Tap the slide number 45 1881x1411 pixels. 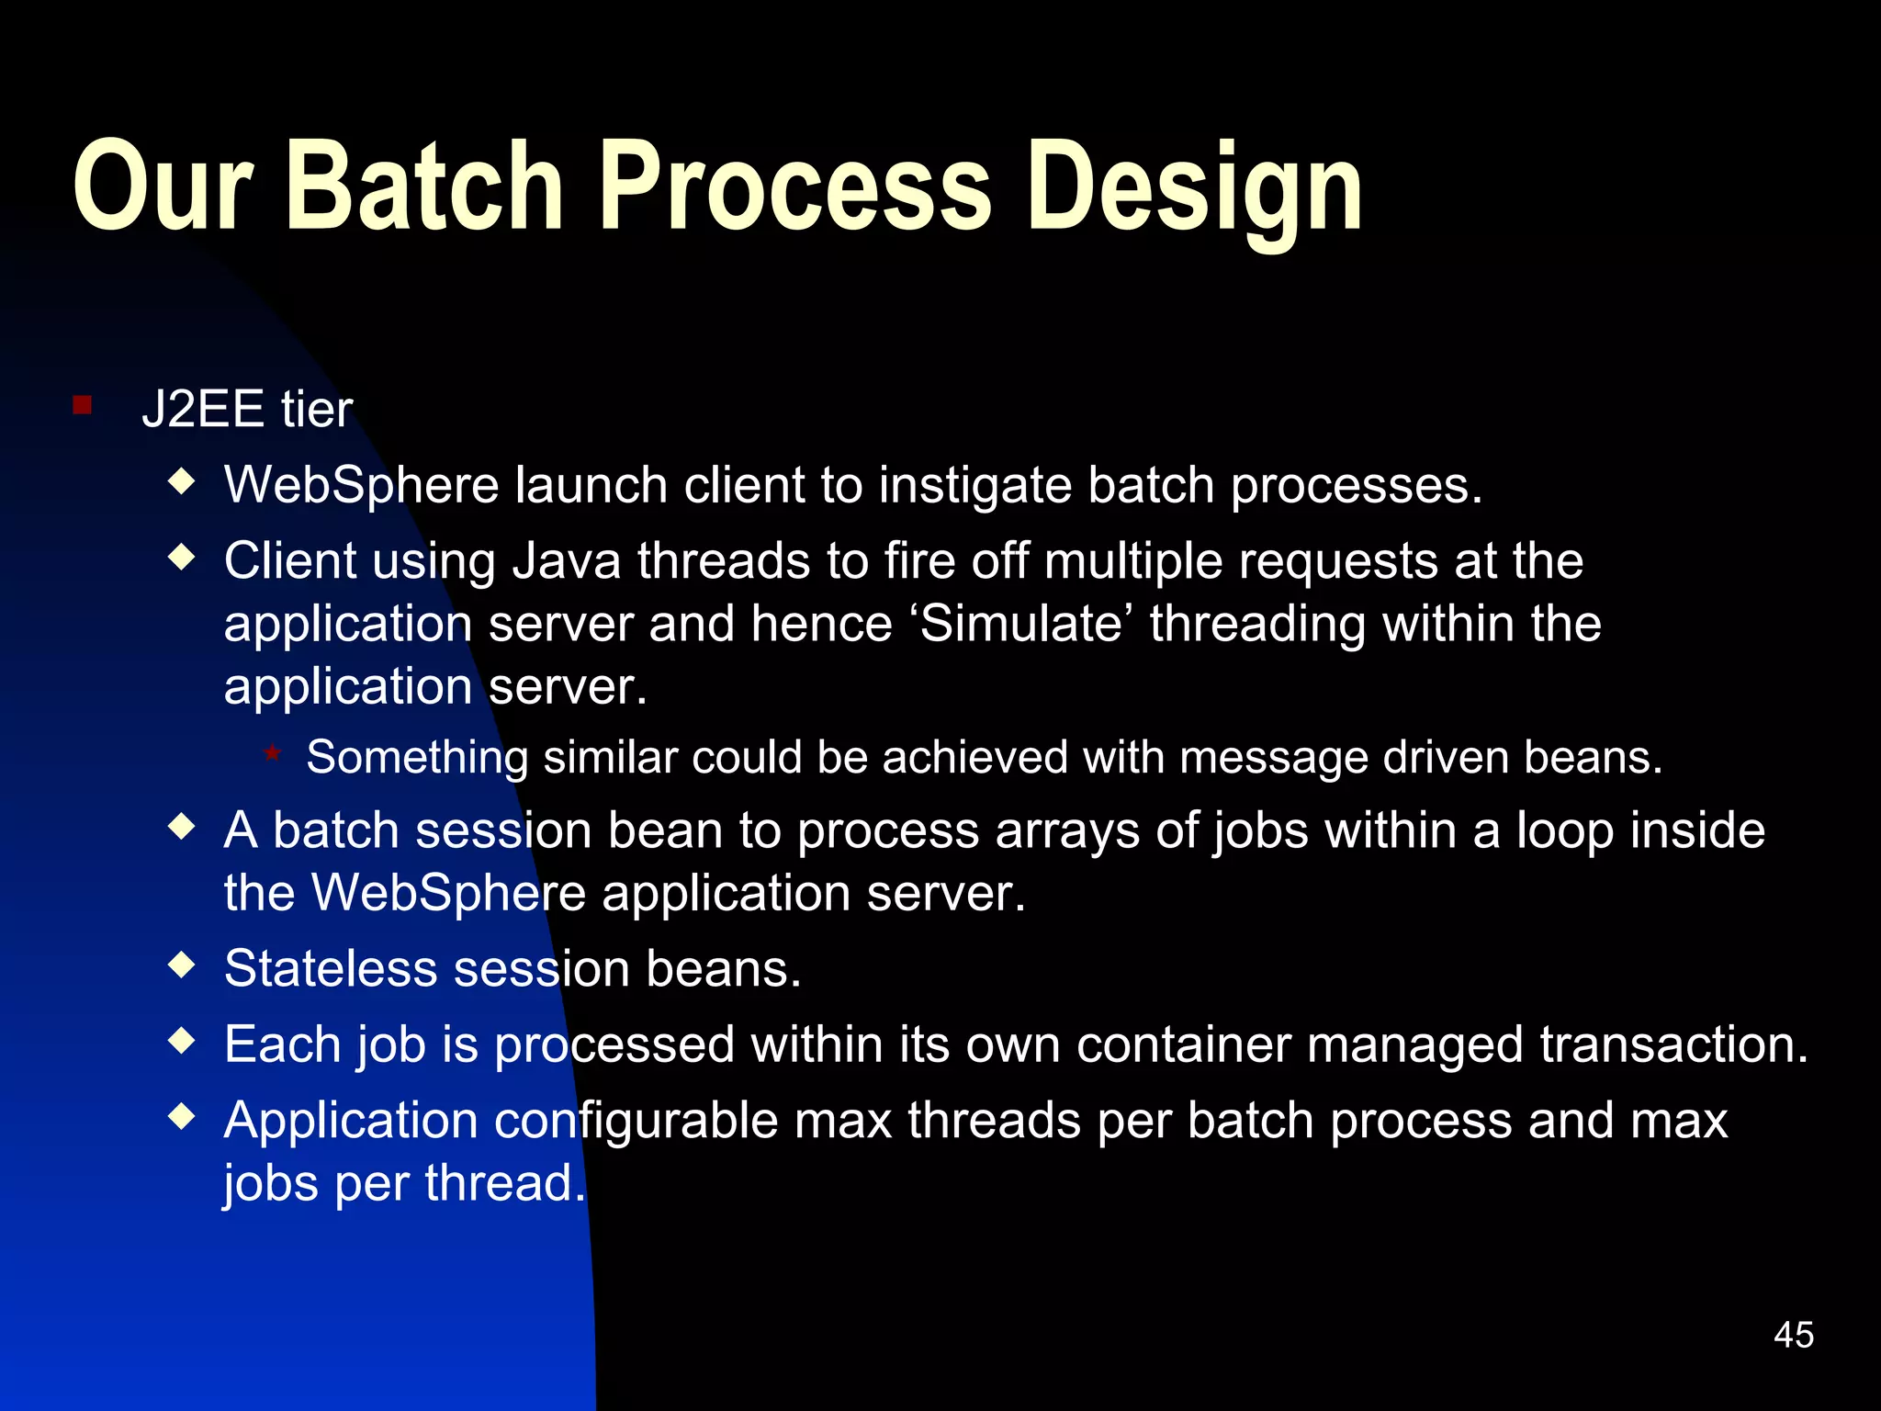coord(1793,1335)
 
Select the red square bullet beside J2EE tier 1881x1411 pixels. coord(83,405)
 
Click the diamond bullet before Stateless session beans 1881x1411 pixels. coord(183,965)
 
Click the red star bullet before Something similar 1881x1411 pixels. coord(272,753)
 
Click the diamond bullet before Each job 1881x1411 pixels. coord(183,1041)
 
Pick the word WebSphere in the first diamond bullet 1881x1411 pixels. coord(361,486)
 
